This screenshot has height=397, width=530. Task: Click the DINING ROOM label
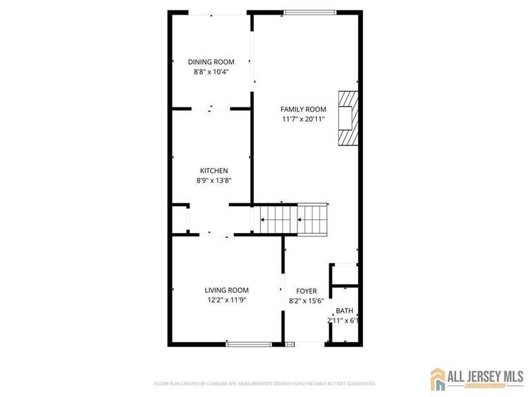[210, 62]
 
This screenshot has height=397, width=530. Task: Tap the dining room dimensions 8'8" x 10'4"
[210, 71]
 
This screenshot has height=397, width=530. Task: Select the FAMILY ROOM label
[303, 110]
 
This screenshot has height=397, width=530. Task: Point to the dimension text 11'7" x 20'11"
[303, 119]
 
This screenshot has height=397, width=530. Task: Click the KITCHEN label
[214, 171]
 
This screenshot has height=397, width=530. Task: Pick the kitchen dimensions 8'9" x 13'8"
[214, 181]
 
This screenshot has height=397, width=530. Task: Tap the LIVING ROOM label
[226, 290]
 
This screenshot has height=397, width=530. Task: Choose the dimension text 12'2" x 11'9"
[226, 300]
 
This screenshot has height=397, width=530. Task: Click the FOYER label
[306, 292]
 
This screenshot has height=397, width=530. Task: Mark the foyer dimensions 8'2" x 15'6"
[306, 301]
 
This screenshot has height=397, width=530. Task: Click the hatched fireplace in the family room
[349, 119]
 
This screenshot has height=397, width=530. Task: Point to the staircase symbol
[293, 220]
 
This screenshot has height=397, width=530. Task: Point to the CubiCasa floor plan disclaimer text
[265, 383]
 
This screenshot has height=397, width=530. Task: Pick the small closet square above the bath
[344, 274]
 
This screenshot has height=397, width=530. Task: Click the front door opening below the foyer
[306, 343]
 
